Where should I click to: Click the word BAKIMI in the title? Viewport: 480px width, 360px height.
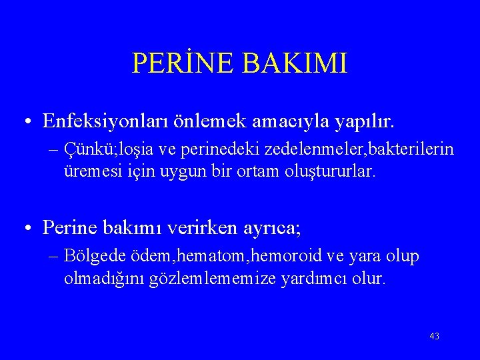point(295,63)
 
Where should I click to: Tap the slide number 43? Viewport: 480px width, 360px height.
point(434,336)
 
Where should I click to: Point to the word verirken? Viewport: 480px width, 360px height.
point(201,228)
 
